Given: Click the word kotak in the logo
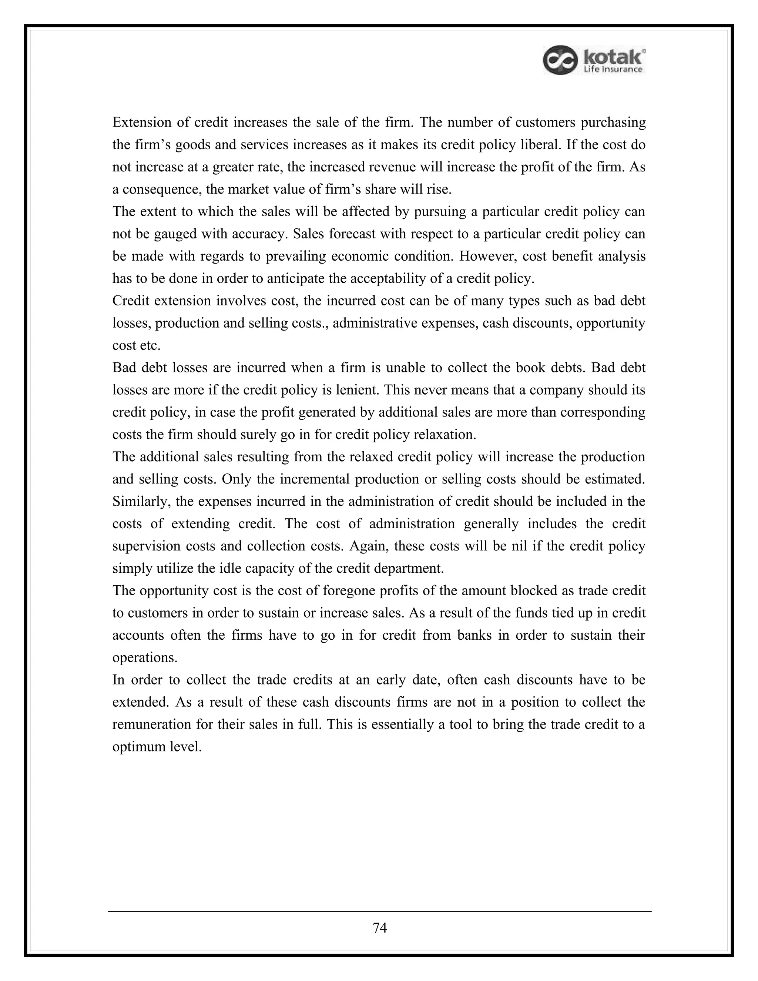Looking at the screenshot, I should click(x=613, y=57).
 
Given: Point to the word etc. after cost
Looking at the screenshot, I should click(x=150, y=345).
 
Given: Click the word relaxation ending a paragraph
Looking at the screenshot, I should click(x=444, y=434).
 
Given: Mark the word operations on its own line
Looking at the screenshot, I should click(x=145, y=657).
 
